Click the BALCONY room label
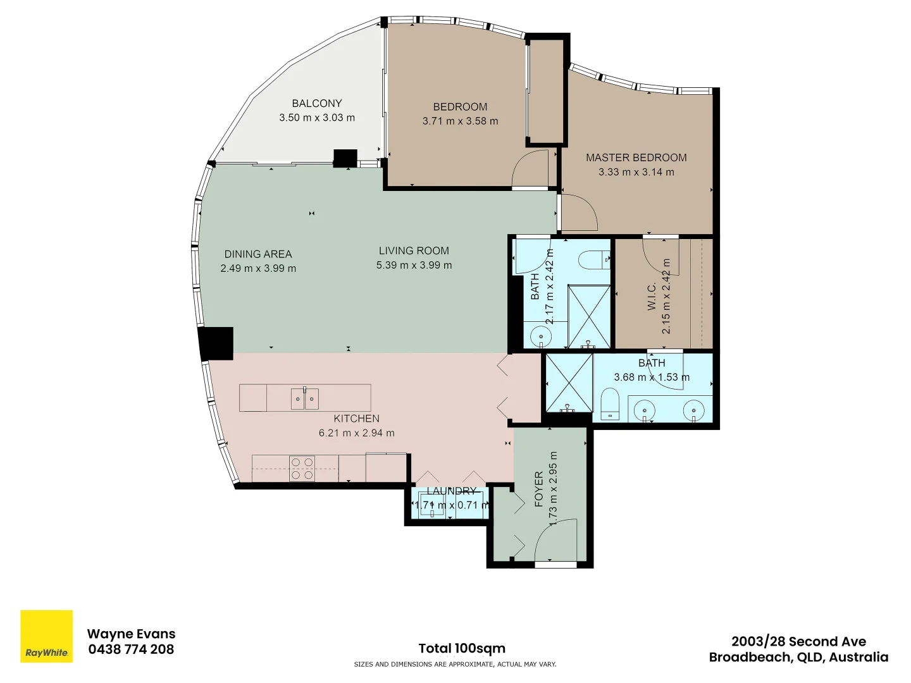317,103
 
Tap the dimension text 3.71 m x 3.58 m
460,121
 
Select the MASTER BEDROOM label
636,157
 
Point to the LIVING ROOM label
414,250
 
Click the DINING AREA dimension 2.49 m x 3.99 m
258,268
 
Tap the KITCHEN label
357,419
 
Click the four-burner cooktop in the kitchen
302,469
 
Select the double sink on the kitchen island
305,398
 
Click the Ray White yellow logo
46,636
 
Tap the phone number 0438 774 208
131,649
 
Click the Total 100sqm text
462,648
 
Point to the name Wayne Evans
131,634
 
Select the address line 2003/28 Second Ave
798,641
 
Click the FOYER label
539,489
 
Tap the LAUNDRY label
451,491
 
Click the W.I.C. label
652,296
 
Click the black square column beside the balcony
345,158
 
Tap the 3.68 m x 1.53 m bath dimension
652,377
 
